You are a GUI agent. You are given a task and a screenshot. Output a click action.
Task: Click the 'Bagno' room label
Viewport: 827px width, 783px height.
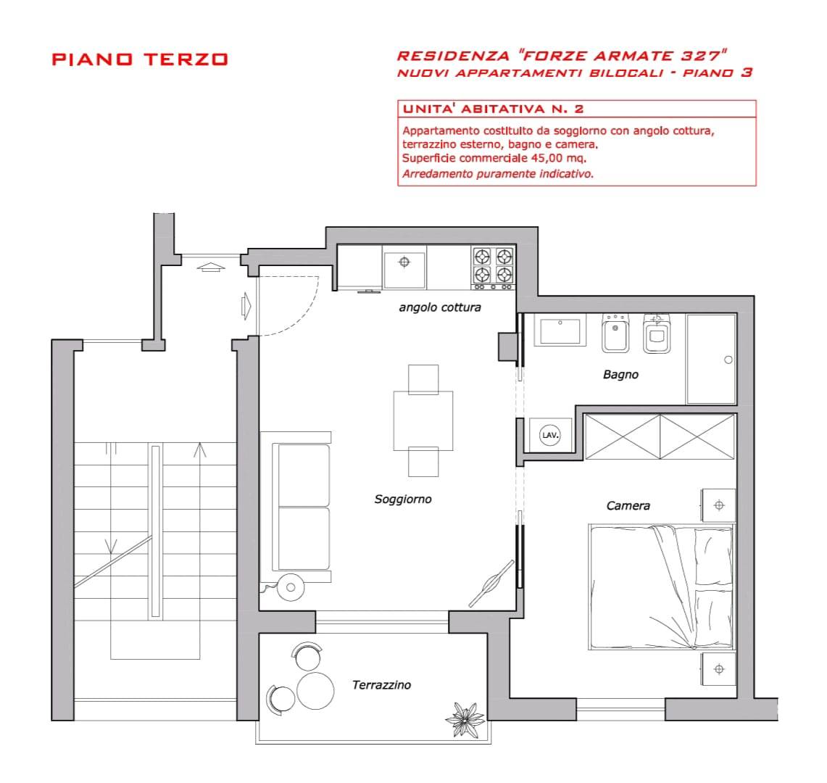tap(620, 375)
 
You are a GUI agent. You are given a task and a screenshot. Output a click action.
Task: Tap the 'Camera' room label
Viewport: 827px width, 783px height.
tap(628, 505)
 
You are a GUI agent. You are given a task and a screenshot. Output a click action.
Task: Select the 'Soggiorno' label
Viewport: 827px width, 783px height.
tap(403, 499)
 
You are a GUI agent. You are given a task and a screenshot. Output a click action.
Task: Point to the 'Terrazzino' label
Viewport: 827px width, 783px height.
tap(381, 685)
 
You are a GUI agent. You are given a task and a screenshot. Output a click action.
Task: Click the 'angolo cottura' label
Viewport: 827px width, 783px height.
tap(440, 307)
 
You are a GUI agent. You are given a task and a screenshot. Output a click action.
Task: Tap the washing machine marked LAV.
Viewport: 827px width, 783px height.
tap(550, 435)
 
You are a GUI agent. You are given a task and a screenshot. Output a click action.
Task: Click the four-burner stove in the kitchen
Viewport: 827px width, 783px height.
tap(493, 268)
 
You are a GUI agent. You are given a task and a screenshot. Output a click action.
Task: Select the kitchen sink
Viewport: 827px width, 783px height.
tap(404, 269)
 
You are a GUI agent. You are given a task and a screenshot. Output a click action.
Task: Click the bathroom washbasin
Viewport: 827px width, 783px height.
tap(560, 331)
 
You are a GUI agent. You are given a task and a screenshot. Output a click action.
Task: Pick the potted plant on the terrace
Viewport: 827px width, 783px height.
tap(465, 719)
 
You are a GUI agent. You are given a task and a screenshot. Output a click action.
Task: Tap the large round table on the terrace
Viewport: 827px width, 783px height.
tap(315, 691)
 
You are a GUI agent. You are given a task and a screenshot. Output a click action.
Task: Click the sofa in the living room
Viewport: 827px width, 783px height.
tap(296, 507)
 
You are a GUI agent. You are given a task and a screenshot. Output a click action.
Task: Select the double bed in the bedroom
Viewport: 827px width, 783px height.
tap(662, 587)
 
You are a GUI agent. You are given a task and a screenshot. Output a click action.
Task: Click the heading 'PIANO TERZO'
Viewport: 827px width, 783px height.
tap(140, 59)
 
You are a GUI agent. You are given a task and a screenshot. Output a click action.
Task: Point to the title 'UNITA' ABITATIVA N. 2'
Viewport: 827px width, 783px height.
tap(493, 109)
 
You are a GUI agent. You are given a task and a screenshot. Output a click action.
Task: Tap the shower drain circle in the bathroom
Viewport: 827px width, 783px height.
tap(728, 360)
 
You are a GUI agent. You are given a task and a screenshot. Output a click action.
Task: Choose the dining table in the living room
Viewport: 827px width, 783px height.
tap(423, 420)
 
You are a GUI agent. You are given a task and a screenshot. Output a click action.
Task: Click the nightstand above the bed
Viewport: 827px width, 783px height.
tap(718, 505)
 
